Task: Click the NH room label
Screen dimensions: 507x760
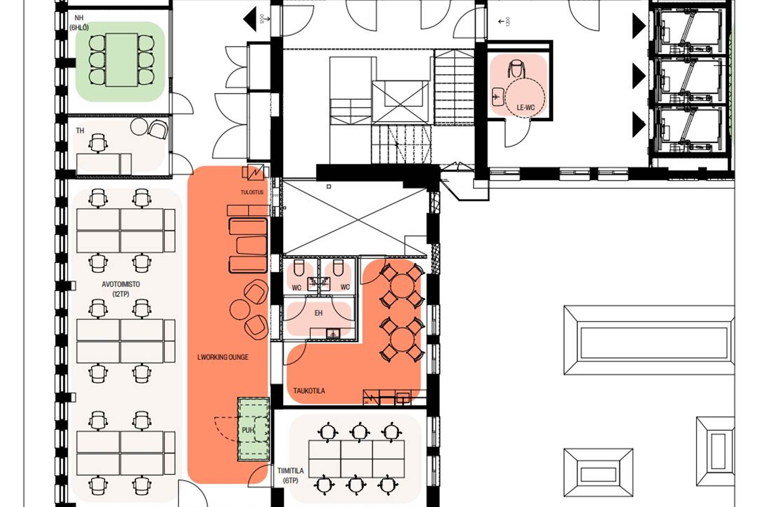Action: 79,18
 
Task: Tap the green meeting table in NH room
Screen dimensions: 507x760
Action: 122,60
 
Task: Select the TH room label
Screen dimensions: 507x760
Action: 80,131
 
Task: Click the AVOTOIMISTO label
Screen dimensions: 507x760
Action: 121,284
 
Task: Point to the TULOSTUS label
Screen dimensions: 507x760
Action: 252,192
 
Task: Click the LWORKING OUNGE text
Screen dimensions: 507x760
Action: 223,357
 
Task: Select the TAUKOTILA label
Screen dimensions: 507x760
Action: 309,391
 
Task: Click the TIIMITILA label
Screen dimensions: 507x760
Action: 291,471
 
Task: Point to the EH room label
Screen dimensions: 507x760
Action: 319,313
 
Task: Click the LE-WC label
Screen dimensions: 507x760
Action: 525,107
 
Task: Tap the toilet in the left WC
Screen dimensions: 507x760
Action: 299,268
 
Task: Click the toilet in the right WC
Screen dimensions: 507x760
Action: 338,268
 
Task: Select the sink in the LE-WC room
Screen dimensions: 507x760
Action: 498,97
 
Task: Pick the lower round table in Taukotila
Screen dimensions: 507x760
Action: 402,339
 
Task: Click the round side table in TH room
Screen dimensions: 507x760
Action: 139,127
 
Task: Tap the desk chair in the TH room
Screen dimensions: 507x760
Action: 98,143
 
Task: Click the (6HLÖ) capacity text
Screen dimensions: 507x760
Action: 79,28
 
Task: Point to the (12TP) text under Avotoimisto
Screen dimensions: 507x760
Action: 121,294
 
